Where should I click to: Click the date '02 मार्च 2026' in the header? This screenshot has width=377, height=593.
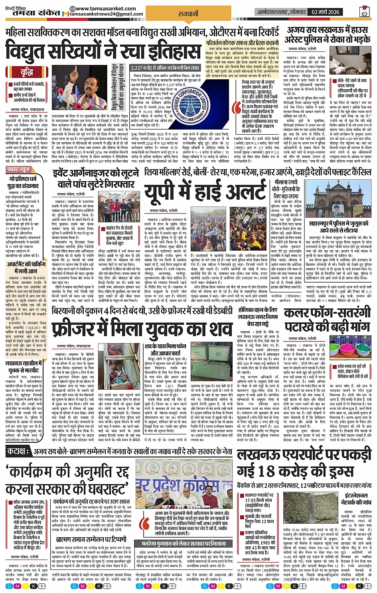[326, 12]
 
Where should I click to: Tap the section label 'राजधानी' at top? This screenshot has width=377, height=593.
[188, 14]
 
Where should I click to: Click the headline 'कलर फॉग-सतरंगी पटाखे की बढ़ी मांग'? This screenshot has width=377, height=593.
[327, 319]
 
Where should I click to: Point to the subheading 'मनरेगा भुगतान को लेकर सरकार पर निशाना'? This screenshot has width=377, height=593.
[184, 544]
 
